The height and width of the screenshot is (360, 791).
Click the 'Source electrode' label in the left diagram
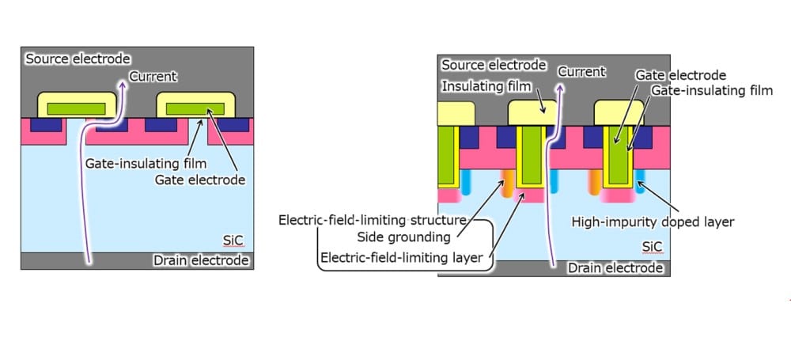tap(78, 59)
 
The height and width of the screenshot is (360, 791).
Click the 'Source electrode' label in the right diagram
tap(494, 65)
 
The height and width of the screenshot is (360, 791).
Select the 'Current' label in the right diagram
tap(581, 72)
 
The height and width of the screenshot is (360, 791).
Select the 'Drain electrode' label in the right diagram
tap(615, 268)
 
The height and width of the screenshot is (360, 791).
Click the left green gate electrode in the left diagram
tap(77, 108)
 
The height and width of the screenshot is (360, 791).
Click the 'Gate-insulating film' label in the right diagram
tap(711, 91)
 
